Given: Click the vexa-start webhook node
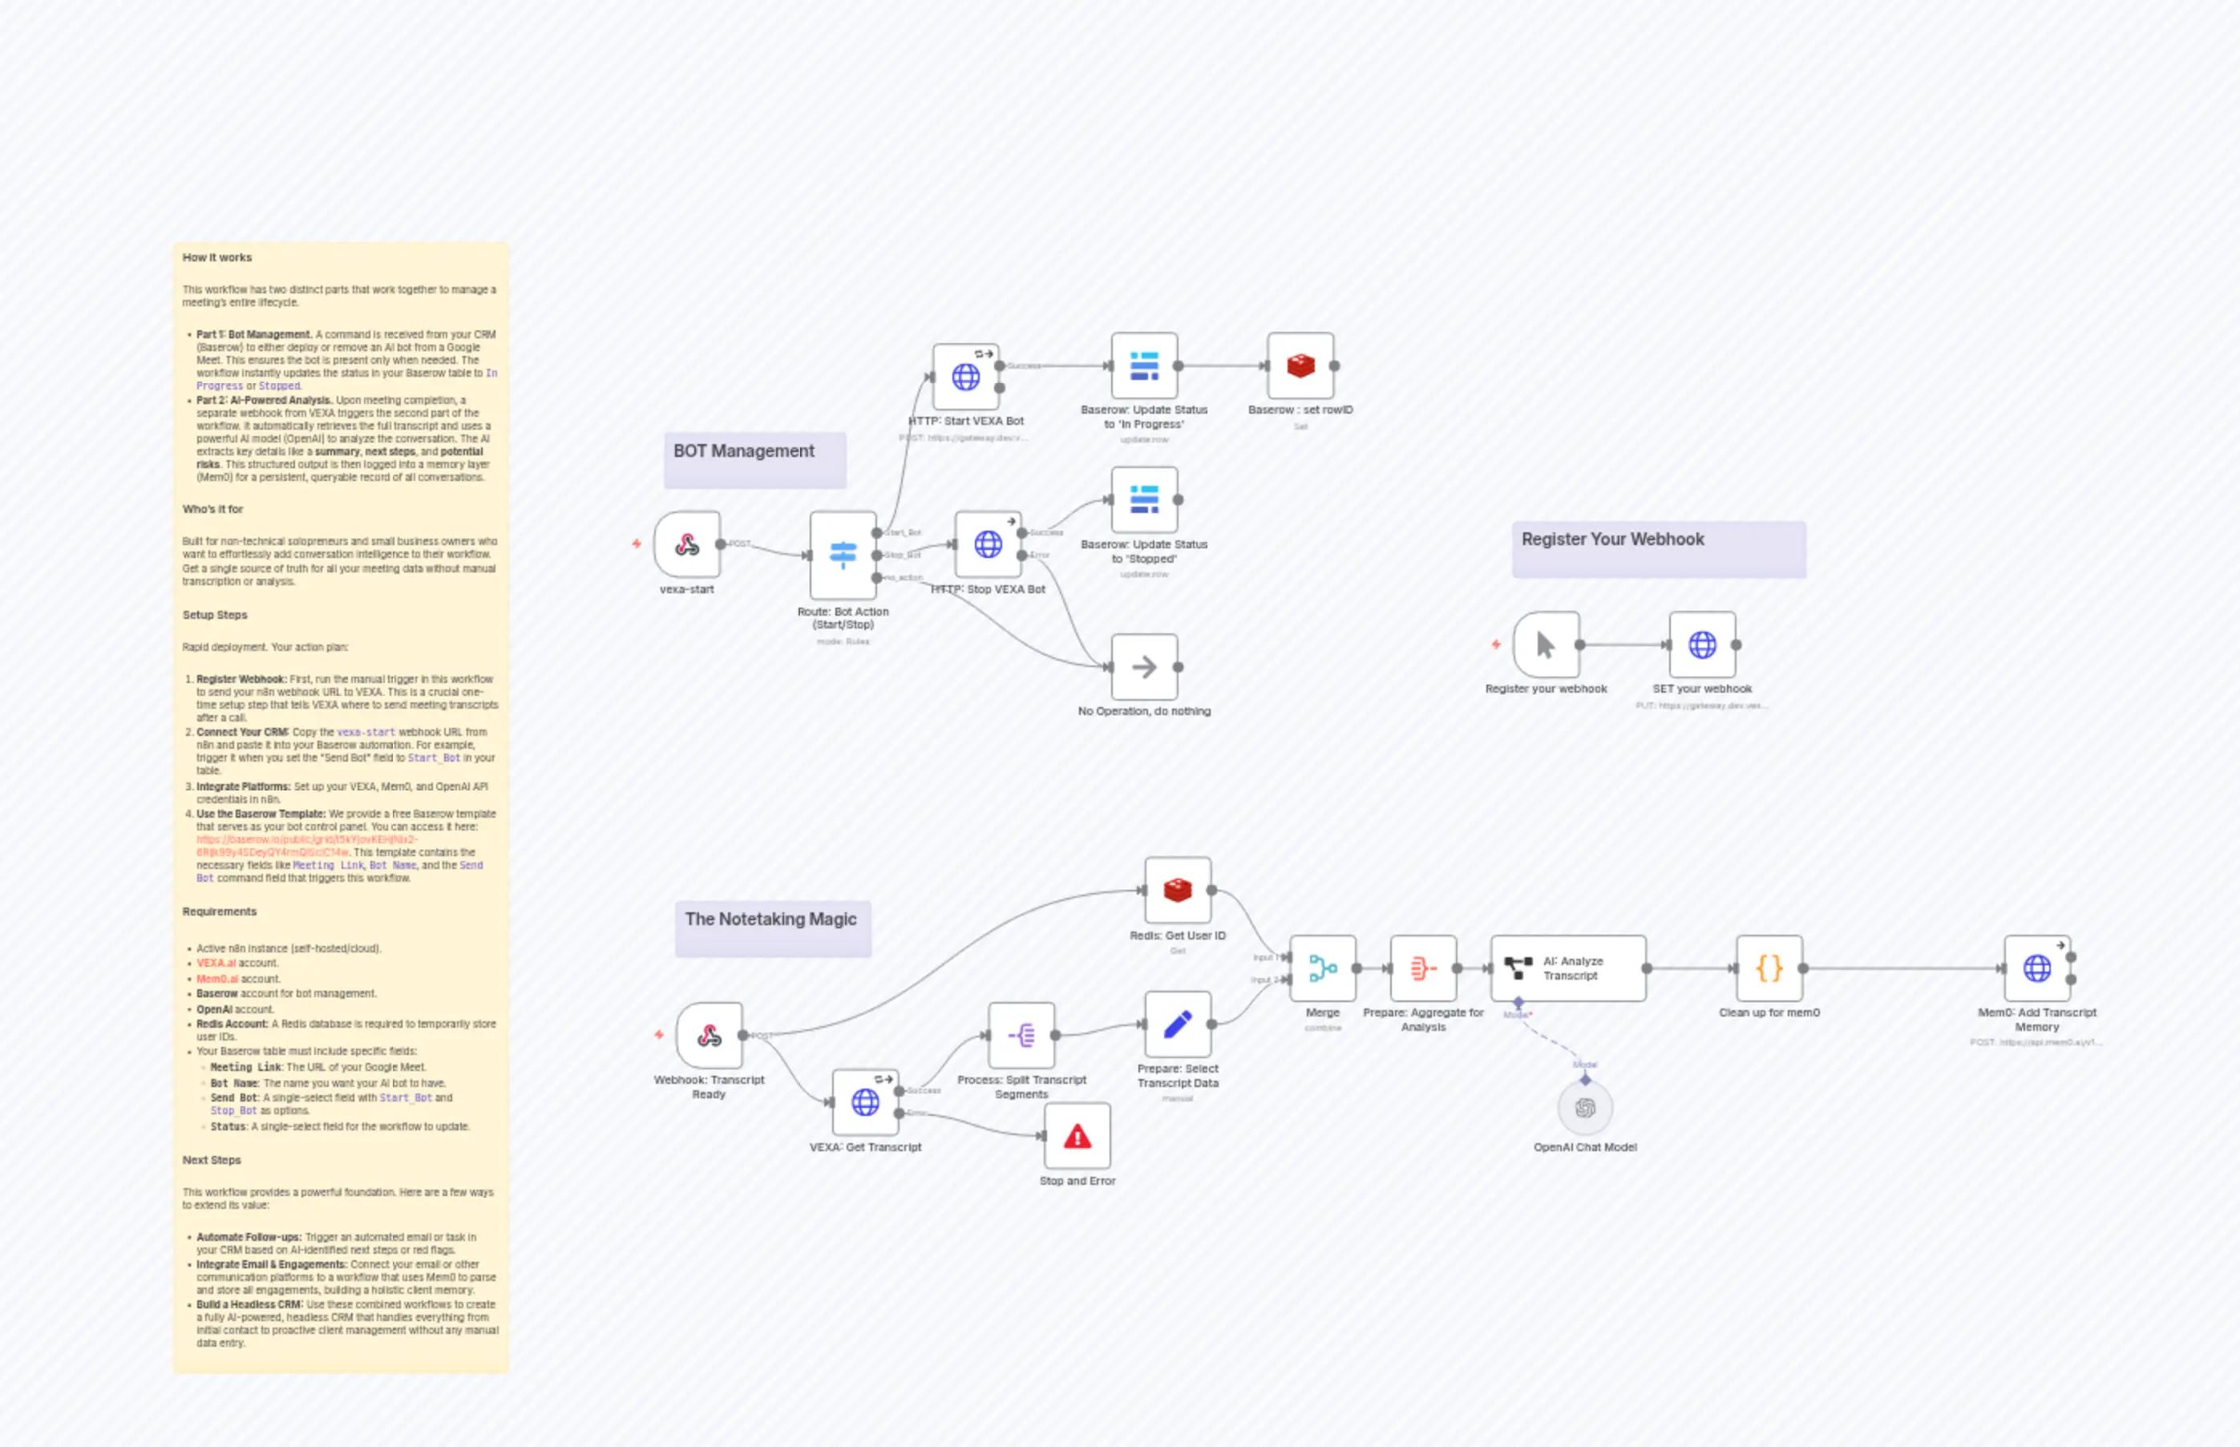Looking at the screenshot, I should coord(687,544).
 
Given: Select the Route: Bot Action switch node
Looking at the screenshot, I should coord(843,555).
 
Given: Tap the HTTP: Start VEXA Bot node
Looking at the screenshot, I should coord(965,377).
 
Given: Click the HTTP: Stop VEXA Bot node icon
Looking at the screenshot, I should coord(988,544).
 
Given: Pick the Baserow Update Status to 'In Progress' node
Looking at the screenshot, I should coord(1143,366).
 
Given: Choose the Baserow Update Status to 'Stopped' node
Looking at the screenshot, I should coord(1143,500).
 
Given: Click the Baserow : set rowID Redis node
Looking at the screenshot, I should coord(1300,366).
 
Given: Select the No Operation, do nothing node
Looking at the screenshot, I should coord(1143,667).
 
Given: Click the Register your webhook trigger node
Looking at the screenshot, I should coord(1546,645).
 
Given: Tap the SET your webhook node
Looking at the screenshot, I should coord(1701,645).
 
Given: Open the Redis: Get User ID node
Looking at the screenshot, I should coord(1177,890).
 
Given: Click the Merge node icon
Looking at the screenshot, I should coord(1322,968).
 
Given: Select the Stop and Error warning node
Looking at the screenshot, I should coord(1077,1137).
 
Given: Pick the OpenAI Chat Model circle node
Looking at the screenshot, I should coord(1585,1109).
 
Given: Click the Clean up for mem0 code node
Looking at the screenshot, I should coord(1769,968).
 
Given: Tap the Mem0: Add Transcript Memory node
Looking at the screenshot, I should coord(2036,968).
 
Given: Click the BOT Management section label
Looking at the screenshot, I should coord(744,451).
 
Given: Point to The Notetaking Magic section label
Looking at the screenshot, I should coord(770,919).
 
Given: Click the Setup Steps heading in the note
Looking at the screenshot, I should coord(215,615).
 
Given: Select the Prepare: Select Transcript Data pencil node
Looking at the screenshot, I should coord(1177,1025).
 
